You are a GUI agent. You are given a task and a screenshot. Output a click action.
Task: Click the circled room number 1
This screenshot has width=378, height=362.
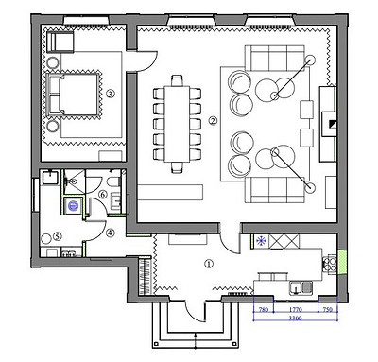(209, 264)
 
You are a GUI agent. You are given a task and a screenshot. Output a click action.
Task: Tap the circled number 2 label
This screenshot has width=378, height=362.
(213, 121)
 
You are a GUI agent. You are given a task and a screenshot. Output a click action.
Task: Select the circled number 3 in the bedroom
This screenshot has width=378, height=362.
(110, 94)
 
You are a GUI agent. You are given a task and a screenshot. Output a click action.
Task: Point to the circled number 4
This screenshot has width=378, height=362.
(110, 233)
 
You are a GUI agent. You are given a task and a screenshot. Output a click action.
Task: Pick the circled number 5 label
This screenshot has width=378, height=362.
(57, 236)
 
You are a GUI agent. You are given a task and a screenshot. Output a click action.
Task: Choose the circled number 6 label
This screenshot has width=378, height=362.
(103, 195)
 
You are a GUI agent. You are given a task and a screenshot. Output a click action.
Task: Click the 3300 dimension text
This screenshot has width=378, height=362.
(296, 319)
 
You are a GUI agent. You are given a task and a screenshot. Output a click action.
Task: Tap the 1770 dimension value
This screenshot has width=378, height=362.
(295, 310)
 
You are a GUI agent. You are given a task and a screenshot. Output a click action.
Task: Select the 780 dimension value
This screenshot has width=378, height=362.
(264, 310)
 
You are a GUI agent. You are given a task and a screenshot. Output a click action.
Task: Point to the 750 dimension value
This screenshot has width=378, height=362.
(328, 310)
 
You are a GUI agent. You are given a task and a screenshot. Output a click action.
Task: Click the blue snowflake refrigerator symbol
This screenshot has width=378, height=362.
(261, 241)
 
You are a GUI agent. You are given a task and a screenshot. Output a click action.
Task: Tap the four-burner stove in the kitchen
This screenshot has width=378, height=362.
(329, 264)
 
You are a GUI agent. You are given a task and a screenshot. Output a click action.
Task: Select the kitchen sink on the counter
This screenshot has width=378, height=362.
(301, 287)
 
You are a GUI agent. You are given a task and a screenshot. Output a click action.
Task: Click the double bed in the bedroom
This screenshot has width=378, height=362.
(73, 95)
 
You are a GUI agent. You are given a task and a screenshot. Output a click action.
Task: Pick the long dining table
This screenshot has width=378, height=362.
(177, 124)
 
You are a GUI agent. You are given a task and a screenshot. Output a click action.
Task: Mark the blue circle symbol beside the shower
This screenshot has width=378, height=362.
(73, 206)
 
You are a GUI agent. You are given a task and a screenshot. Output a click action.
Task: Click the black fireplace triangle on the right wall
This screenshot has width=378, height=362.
(332, 124)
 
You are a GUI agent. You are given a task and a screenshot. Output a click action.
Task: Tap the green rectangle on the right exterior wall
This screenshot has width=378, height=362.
(342, 262)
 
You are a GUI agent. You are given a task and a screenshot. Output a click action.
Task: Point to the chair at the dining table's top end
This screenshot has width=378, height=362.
(177, 80)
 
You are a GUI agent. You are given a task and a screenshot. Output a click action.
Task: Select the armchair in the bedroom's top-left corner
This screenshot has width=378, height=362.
(60, 41)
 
